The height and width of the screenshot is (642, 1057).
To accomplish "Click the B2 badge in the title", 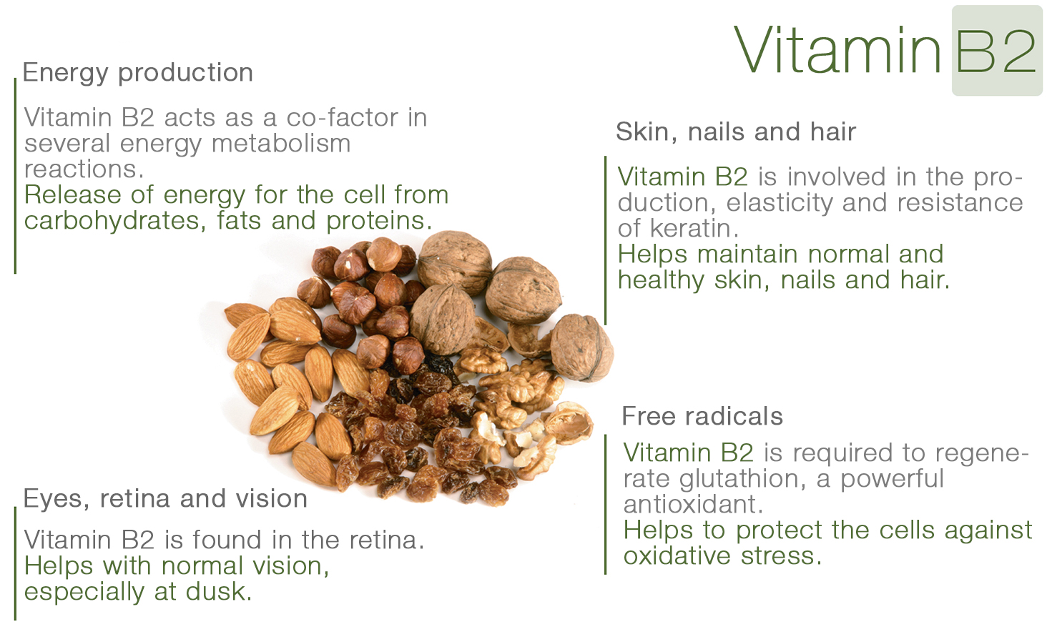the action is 997,51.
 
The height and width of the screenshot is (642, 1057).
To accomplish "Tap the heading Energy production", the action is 138,73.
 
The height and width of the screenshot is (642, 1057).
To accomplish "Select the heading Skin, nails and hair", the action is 736,132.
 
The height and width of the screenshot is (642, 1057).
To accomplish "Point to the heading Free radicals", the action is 702,416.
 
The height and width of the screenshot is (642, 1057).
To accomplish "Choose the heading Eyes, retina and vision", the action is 165,499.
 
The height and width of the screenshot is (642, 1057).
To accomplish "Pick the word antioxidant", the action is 693,504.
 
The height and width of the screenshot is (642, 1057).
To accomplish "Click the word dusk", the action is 218,591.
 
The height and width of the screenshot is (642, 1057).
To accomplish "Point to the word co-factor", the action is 343,117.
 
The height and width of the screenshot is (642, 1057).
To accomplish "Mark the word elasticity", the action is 780,203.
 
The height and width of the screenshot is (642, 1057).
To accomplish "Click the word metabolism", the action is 281,144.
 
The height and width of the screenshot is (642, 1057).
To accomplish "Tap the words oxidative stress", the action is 722,555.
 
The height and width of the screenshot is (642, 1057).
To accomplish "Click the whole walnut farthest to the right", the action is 582,347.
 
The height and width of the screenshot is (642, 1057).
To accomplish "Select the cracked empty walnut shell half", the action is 569,423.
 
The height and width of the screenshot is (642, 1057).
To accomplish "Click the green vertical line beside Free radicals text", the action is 606,504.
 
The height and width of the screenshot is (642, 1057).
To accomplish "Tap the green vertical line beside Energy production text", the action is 16,176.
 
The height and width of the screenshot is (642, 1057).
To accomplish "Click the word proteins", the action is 379,221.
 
